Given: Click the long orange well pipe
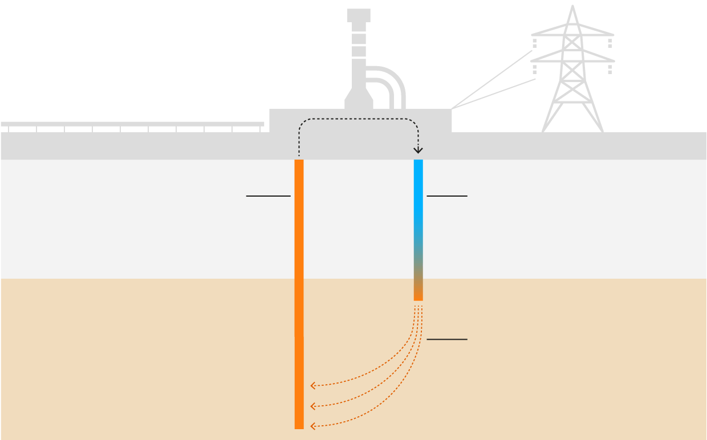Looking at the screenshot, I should click(299, 285).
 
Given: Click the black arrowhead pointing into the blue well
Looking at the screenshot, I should click(418, 150).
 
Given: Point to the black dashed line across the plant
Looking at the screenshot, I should click(359, 119).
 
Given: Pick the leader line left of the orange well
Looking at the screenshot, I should click(268, 196).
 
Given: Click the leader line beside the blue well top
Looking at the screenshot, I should click(446, 196).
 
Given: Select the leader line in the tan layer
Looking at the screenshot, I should click(446, 339).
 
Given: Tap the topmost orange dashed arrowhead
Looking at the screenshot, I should click(312, 386).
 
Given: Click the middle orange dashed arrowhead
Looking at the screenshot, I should click(312, 406).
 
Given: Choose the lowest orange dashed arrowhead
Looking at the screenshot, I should click(312, 426).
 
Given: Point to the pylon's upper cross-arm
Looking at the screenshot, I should click(572, 35).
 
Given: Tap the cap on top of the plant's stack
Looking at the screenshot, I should click(359, 15).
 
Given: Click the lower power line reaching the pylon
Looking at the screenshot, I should click(493, 93).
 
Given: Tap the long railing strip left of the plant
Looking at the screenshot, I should click(131, 124).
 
